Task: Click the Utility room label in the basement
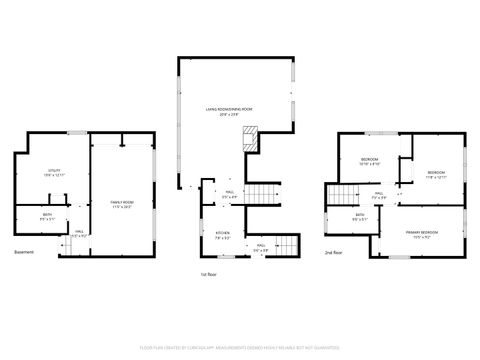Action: point(54,171)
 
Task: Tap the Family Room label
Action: point(123,202)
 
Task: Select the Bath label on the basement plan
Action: point(47,215)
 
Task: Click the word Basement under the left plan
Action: point(24,252)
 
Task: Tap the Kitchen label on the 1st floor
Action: point(223,235)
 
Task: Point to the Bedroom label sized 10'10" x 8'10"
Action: point(369,159)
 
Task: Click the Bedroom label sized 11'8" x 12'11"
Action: point(437,173)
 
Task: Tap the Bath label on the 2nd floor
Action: point(360,215)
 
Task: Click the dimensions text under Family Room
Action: point(123,206)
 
